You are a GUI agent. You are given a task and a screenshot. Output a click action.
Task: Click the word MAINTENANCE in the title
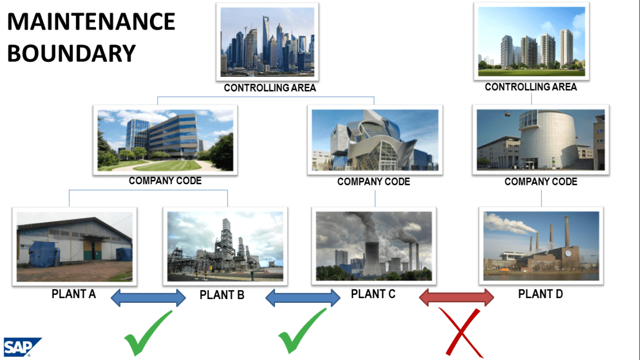click(x=91, y=22)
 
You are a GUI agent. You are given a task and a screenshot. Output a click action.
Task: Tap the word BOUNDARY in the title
click(x=72, y=53)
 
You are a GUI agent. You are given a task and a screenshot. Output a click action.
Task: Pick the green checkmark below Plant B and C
click(x=302, y=331)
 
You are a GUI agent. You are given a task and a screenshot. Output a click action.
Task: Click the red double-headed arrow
click(x=456, y=298)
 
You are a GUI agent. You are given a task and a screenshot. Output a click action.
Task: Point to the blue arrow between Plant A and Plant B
click(x=148, y=298)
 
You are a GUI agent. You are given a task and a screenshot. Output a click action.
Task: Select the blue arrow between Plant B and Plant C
click(x=303, y=298)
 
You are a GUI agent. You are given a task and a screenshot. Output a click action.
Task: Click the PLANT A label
click(x=74, y=294)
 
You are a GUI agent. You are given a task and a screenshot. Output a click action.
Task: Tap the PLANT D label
click(x=540, y=294)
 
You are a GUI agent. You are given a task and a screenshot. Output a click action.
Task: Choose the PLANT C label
click(x=373, y=294)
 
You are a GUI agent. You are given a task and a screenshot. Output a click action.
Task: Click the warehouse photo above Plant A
click(x=74, y=246)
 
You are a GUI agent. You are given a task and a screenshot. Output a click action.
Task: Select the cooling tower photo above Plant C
click(x=373, y=246)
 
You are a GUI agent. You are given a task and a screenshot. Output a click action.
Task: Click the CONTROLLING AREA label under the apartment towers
click(x=531, y=87)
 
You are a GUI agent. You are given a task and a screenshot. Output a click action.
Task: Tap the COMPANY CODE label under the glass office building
click(x=165, y=181)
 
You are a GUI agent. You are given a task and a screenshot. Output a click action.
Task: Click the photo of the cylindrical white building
click(x=541, y=139)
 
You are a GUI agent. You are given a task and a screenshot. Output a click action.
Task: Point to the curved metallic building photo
click(x=375, y=139)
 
